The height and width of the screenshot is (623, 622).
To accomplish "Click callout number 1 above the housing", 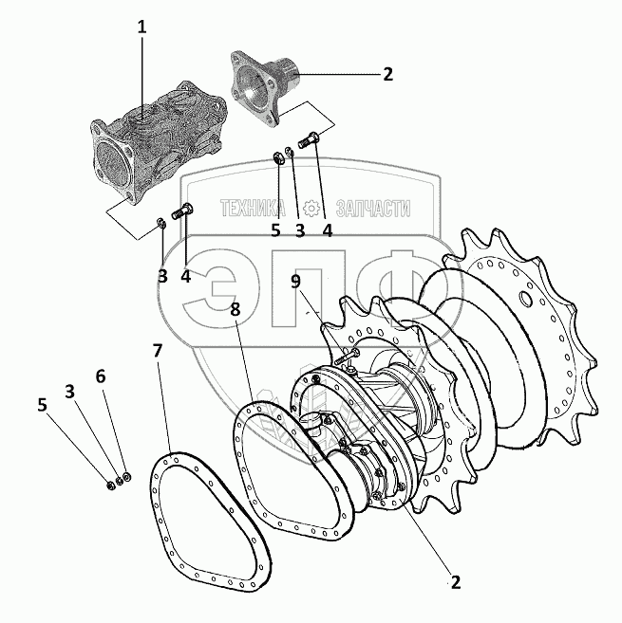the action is (142, 27).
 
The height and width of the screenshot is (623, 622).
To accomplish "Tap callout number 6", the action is (101, 376).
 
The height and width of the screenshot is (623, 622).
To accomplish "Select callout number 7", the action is (158, 351).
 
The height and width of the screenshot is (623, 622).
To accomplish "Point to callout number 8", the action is (236, 309).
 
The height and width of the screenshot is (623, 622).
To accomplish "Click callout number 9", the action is (295, 282).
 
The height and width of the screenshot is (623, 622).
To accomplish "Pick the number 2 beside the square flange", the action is (387, 74).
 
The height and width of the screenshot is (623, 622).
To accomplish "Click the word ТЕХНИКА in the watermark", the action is (253, 208).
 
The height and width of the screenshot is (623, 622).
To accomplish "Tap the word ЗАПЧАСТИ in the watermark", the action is (373, 209).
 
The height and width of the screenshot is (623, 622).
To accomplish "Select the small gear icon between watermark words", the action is (311, 208).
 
